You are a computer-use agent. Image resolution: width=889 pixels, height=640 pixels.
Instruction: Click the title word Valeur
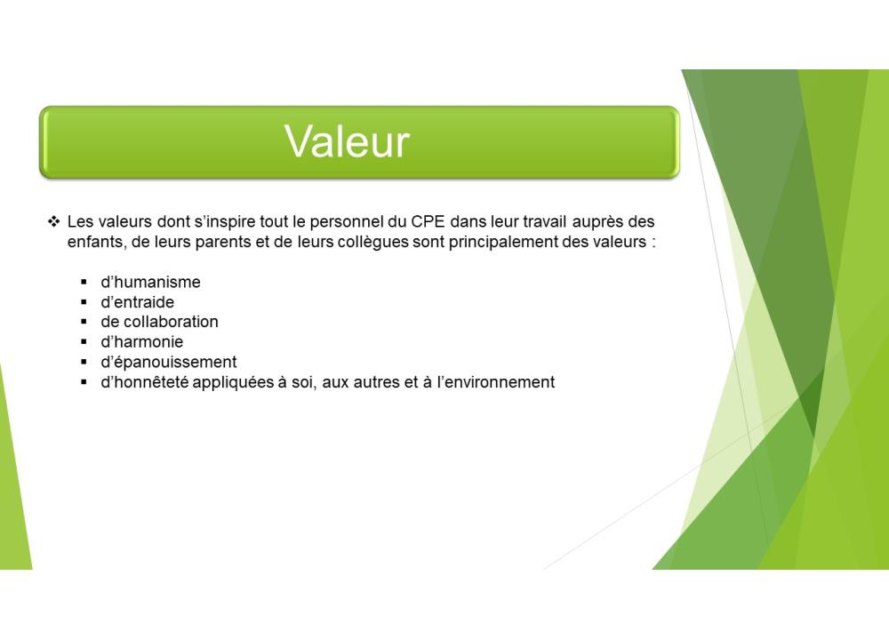(347, 141)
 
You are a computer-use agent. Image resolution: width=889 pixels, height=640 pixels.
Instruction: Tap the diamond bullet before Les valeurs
(54, 221)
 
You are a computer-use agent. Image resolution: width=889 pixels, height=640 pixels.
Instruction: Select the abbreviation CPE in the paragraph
(428, 221)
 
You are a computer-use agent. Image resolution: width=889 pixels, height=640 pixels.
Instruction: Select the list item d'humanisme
(150, 282)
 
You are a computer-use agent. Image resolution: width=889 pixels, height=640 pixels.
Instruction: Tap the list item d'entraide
(137, 301)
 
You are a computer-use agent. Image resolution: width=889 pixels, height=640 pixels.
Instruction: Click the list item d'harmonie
(141, 342)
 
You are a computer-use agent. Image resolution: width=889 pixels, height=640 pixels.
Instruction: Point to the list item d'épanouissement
(168, 363)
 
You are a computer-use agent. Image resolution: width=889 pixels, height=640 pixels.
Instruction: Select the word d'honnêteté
(145, 382)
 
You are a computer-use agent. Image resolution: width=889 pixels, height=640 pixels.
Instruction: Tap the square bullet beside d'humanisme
(84, 282)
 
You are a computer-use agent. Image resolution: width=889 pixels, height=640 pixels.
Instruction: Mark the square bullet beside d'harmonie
(84, 342)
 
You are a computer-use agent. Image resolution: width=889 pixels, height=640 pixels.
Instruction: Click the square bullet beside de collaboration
(84, 322)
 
